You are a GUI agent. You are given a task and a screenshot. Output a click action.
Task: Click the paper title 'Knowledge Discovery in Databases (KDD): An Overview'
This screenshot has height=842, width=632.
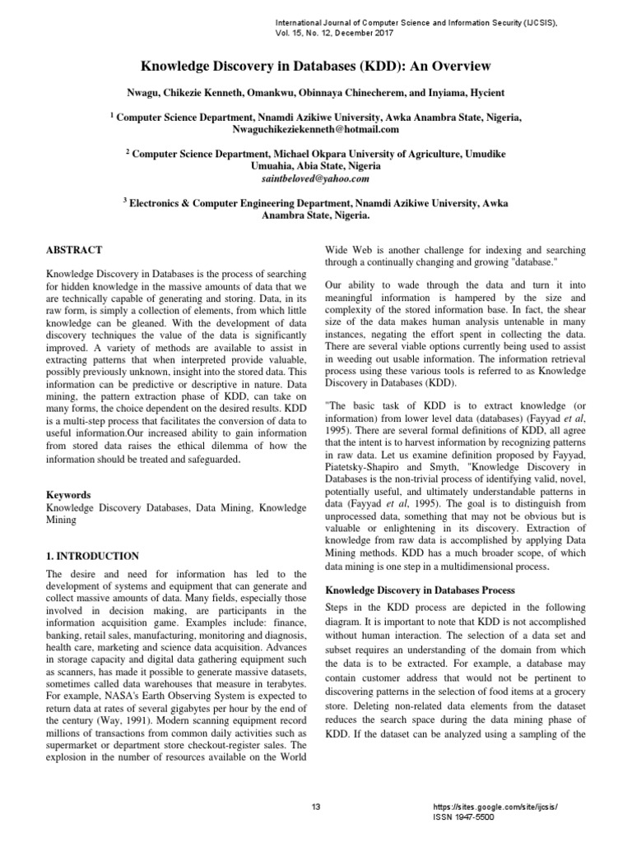pyautogui.click(x=316, y=65)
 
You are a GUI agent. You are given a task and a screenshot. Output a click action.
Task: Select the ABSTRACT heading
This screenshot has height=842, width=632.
pyautogui.click(x=73, y=248)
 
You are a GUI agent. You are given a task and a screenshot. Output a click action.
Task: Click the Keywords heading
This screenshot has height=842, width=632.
pyautogui.click(x=68, y=495)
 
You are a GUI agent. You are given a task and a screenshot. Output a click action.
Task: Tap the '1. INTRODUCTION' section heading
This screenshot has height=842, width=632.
pyautogui.click(x=91, y=557)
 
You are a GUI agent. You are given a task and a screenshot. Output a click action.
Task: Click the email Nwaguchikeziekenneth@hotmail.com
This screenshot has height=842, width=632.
pyautogui.click(x=316, y=130)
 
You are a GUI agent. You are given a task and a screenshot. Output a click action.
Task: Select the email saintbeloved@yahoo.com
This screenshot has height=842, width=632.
pyautogui.click(x=316, y=178)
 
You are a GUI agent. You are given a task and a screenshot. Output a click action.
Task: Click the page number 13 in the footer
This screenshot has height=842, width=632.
pyautogui.click(x=315, y=807)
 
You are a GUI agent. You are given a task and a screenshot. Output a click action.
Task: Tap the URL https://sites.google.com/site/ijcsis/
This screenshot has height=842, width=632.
pyautogui.click(x=494, y=807)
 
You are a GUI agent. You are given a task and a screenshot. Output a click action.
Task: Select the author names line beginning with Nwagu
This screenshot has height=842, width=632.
pyautogui.click(x=316, y=94)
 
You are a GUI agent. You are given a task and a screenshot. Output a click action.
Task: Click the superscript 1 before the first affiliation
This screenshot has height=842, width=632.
pyautogui.click(x=112, y=116)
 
